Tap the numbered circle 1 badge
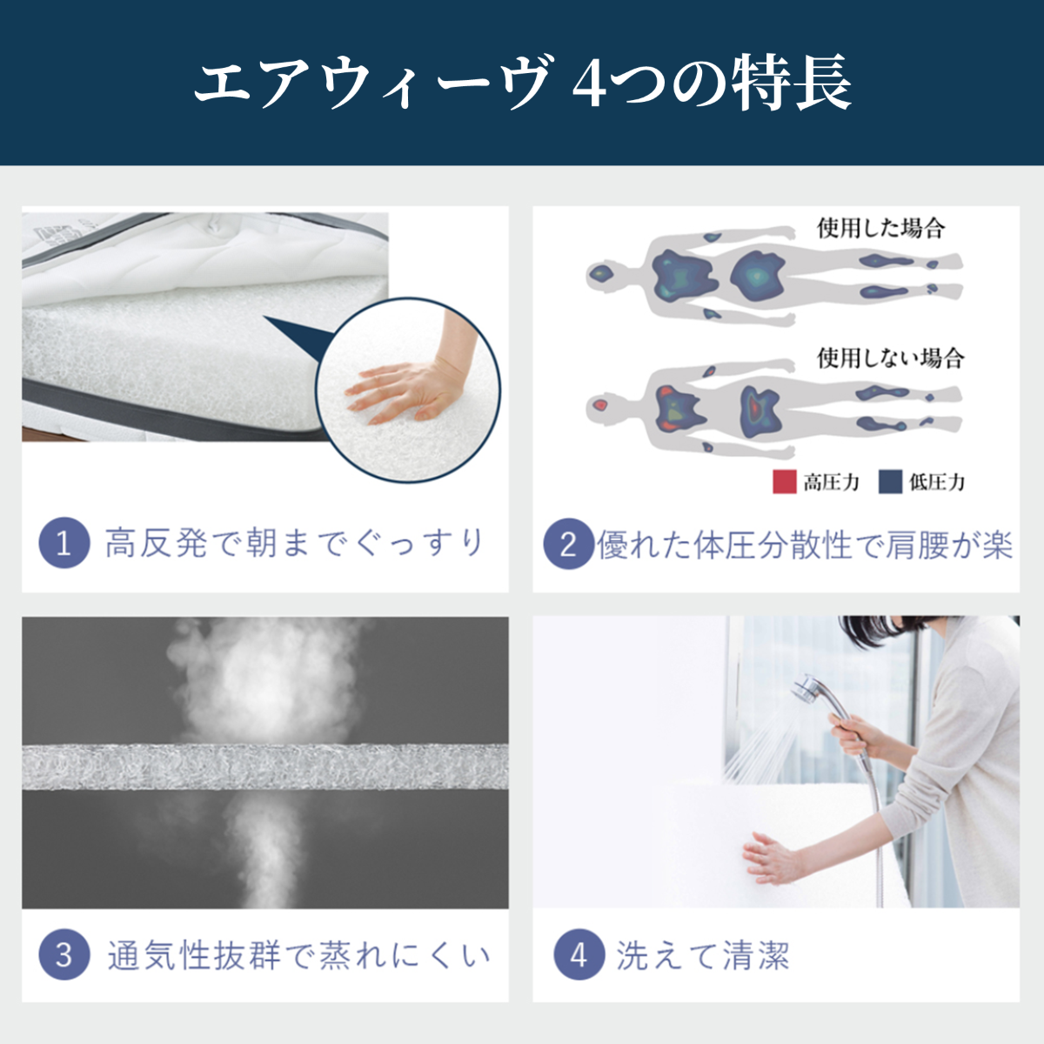tap(64, 543)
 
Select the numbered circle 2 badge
tap(568, 545)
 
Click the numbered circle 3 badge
tap(64, 954)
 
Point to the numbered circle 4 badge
tap(579, 955)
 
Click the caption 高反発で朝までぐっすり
tap(294, 543)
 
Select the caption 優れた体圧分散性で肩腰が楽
tap(804, 545)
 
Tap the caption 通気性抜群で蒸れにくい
tap(298, 955)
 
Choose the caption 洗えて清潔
tap(703, 955)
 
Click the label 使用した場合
tap(880, 228)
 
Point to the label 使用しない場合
tap(890, 358)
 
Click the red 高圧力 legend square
tap(785, 482)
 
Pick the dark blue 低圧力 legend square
tap(890, 482)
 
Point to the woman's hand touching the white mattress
tap(770, 857)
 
